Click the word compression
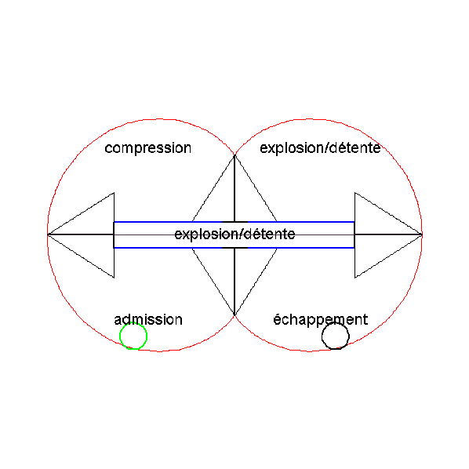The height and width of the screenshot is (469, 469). point(147,148)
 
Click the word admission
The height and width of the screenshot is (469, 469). point(148,319)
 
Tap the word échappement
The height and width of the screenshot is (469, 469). point(320,320)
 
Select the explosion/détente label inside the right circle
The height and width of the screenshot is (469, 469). point(320,147)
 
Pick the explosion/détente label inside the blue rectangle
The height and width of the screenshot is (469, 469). point(234,234)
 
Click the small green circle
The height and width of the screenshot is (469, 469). point(120,336)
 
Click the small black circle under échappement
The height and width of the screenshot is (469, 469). point(322,336)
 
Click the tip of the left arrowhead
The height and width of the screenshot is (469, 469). point(48,234)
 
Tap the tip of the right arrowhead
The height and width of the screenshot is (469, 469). point(422,234)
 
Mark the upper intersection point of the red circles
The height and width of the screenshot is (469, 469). point(234,155)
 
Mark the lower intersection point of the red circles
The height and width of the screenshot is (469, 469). point(234,315)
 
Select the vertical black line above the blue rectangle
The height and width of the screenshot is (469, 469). point(234,188)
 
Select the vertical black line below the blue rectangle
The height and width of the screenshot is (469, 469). point(234,282)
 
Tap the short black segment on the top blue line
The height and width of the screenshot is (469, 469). point(234,222)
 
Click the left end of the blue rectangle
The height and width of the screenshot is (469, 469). point(114,234)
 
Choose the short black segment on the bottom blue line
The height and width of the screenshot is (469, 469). point(234,248)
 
